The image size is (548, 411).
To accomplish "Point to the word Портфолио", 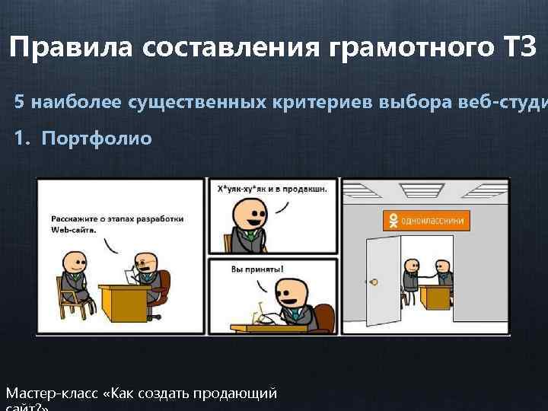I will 97,139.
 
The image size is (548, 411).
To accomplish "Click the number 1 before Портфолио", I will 20,139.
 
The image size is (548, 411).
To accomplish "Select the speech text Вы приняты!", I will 256,269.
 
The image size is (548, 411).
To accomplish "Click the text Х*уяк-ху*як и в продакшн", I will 272,190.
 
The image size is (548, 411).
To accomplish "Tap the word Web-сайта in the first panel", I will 73,230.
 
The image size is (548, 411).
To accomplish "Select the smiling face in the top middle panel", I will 247,212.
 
